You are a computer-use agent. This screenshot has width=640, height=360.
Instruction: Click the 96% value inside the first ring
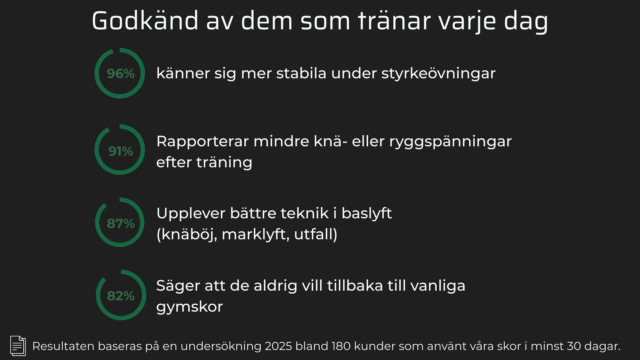(121, 74)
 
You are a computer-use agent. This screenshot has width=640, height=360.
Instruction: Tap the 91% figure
(121, 151)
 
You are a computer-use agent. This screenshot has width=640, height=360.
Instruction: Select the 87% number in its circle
(121, 224)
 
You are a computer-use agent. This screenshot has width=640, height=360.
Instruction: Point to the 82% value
(121, 296)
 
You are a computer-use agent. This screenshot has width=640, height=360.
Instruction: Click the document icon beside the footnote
(18, 346)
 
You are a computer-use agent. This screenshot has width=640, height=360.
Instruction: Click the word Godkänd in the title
(145, 21)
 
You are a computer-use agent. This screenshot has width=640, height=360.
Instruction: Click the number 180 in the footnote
(341, 346)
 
